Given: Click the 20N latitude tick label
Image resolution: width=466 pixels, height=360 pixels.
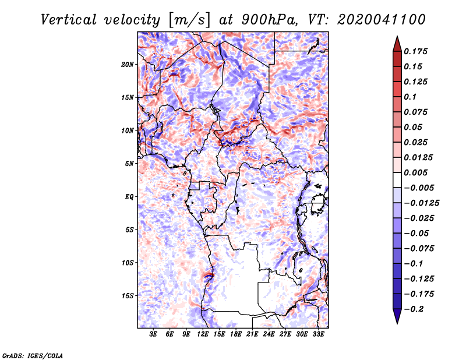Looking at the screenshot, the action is [128, 65].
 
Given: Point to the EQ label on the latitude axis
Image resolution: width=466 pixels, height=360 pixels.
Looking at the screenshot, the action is [129, 197].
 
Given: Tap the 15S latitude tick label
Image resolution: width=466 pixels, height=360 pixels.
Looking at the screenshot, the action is [128, 296].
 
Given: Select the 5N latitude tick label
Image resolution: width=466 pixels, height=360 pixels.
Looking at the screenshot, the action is [129, 164].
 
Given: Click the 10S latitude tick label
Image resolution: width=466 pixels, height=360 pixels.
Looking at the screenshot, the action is [128, 263].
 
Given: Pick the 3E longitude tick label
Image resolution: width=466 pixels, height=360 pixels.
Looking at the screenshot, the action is [153, 334].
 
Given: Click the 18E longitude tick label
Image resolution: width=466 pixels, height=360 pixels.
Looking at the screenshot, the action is [236, 334].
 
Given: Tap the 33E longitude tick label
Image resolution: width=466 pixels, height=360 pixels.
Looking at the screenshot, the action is [318, 334].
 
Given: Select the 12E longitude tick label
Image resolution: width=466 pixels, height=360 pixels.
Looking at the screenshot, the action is [203, 334].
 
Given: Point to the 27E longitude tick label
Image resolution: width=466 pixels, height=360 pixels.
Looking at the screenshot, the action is [285, 334].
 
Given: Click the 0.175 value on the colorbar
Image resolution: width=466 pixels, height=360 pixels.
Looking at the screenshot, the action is [415, 51].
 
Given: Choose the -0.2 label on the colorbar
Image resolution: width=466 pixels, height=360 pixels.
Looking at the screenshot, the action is [414, 309].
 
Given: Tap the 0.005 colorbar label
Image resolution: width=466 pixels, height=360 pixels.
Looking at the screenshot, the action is [415, 172].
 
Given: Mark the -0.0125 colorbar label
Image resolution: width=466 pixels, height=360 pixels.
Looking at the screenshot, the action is [421, 203].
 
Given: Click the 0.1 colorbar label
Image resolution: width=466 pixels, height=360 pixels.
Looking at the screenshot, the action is [410, 97].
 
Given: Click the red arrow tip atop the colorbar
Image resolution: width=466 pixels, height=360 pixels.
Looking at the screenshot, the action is [397, 36].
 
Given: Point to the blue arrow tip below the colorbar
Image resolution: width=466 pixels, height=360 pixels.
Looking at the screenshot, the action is [397, 323].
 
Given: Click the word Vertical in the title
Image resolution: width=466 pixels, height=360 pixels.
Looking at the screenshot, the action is [69, 20].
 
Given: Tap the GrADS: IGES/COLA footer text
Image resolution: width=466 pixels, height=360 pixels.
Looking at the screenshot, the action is [33, 356].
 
